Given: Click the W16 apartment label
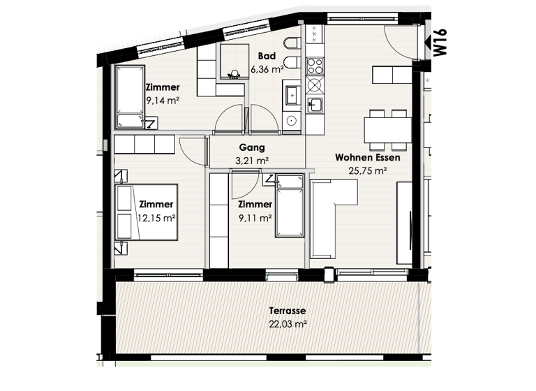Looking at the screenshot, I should [440, 42].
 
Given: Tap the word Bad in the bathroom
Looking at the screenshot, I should [265, 57].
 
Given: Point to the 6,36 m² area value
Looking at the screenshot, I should [266, 69].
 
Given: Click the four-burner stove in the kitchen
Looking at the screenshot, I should [315, 66].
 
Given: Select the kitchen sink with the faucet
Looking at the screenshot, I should [315, 104].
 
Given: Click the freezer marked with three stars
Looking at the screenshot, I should [315, 34].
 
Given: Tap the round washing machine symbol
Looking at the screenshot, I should [315, 85].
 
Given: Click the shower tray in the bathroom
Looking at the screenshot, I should [234, 61].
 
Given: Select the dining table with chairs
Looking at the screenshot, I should [387, 129].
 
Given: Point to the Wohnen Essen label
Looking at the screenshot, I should [362, 157].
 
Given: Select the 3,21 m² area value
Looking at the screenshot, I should [253, 161].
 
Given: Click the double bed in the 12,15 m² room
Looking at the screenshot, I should [147, 212].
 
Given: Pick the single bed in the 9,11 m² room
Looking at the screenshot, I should [290, 206].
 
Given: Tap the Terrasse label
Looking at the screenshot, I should [288, 311].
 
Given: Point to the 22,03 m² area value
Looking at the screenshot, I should [288, 324].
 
